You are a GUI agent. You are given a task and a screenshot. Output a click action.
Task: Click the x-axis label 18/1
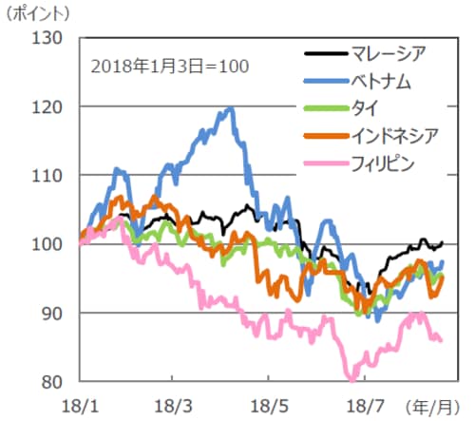click(81, 406)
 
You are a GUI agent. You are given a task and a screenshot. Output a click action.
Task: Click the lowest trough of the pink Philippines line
click(351, 378)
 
